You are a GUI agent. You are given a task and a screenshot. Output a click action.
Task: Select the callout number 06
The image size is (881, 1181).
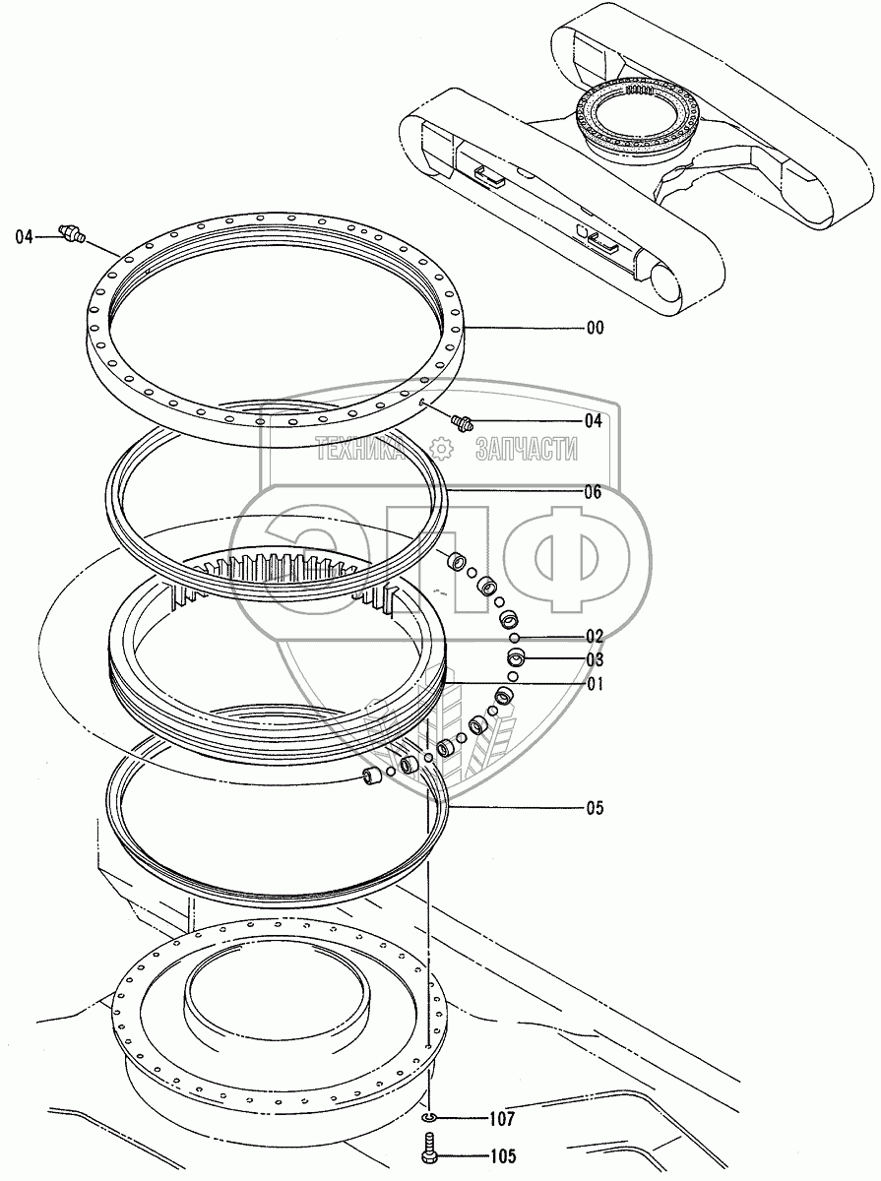tap(593, 492)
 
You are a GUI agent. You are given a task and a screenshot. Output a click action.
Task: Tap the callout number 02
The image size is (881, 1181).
tap(594, 637)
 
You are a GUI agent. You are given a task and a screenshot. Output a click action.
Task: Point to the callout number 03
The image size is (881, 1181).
tap(594, 660)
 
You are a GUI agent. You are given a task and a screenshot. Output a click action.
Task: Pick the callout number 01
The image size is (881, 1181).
tap(594, 684)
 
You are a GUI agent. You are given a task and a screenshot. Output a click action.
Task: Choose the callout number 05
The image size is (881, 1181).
tap(594, 809)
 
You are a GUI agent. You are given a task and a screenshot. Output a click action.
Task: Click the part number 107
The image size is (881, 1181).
tap(501, 1118)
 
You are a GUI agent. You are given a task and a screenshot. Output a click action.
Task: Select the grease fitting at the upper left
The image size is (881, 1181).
tap(73, 234)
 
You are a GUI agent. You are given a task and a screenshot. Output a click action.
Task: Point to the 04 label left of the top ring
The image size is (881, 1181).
tap(25, 236)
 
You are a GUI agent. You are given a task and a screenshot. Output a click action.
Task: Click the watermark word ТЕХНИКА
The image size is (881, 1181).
tap(362, 450)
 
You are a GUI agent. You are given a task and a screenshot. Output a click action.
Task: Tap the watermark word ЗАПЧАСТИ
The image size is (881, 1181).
tap(526, 450)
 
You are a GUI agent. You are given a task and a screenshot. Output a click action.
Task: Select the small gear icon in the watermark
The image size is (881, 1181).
tap(443, 450)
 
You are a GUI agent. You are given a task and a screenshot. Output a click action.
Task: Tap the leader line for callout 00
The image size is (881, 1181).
tap(522, 328)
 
